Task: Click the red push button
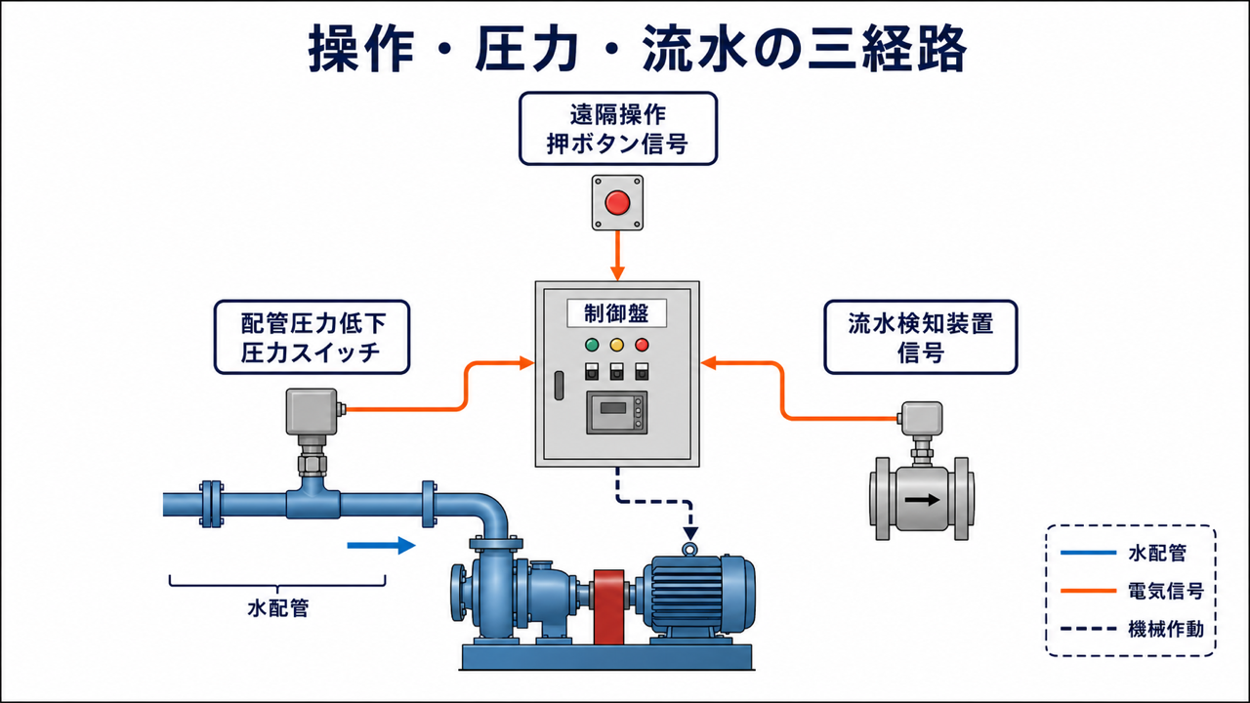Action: [617, 202]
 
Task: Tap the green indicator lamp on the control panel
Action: [592, 345]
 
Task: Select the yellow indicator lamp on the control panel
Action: [616, 345]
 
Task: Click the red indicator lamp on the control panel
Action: [642, 345]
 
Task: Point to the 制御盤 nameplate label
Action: [616, 313]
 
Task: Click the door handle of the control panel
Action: [559, 386]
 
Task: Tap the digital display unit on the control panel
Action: [616, 412]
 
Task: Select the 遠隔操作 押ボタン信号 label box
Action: [618, 129]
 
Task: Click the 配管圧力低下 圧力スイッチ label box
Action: [312, 337]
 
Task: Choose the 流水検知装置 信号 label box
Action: [921, 337]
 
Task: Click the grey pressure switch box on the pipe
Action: [312, 412]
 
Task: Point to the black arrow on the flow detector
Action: [922, 499]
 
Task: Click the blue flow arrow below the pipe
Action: [382, 545]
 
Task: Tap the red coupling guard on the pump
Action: [608, 607]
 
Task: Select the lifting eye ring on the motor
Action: [690, 550]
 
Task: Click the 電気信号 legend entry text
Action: [1166, 591]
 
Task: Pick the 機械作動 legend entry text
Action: [1166, 629]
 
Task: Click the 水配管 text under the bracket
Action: [278, 608]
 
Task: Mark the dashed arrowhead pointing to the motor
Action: [690, 533]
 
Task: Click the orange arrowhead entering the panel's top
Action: [617, 273]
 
